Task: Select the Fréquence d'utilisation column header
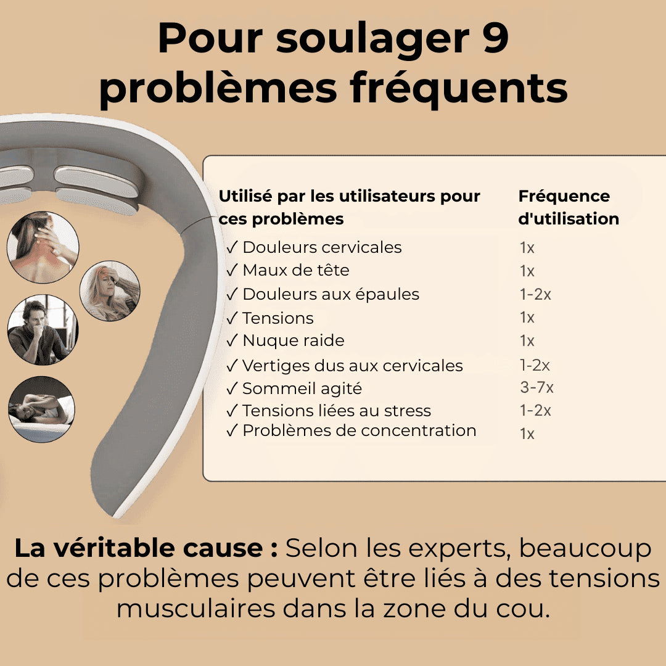[568, 207]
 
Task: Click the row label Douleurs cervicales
[322, 247]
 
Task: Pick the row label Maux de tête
[295, 270]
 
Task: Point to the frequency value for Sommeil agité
[536, 387]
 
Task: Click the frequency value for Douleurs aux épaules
[535, 294]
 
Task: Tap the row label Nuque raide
[293, 340]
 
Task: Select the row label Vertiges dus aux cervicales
[352, 365]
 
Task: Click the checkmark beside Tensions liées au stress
[232, 411]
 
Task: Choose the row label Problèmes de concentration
[359, 430]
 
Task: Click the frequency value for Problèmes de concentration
[527, 434]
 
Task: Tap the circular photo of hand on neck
[43, 247]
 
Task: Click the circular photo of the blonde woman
[110, 290]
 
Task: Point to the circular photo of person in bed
[41, 409]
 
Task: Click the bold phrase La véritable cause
[146, 548]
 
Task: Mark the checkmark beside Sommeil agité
[232, 388]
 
